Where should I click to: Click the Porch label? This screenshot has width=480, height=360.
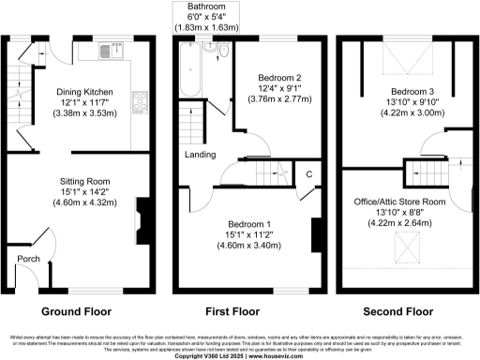coord(26,258)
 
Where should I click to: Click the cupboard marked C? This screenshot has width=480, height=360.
coord(307,173)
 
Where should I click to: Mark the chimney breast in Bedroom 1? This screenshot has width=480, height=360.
coord(316,234)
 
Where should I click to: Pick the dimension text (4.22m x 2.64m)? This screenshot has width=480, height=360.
coord(399,223)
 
